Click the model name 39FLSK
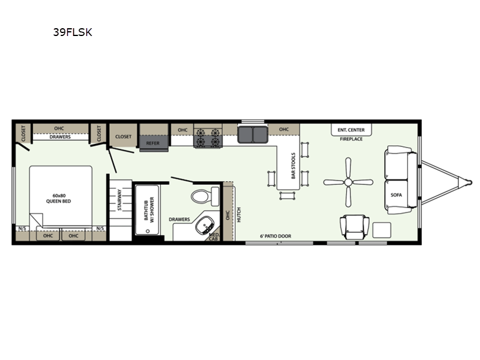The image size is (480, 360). (73, 32)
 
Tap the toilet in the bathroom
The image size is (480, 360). (205, 196)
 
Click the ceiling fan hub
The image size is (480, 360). (348, 182)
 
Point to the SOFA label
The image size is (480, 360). (396, 195)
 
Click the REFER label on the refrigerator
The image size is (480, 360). (153, 143)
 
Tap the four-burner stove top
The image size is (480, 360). (208, 137)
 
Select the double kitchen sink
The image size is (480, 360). (253, 134)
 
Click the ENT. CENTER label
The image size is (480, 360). (351, 130)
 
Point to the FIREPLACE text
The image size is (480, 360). (351, 139)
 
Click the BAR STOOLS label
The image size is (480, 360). (293, 166)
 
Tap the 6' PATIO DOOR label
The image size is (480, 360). (275, 236)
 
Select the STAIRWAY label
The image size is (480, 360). (119, 200)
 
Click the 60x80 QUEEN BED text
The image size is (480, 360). (58, 199)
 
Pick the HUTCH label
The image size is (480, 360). (239, 215)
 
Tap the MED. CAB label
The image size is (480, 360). (214, 236)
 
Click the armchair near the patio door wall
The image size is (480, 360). (355, 227)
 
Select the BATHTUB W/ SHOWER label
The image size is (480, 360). (149, 210)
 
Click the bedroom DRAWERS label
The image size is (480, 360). (60, 137)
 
